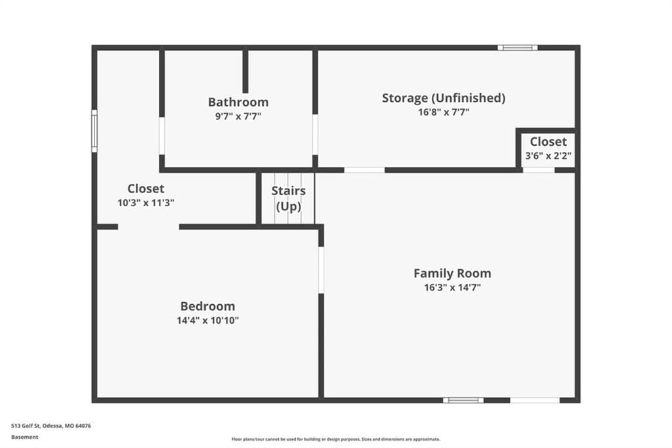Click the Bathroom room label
click(238, 102)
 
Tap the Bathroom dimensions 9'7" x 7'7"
click(238, 116)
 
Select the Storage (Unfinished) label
click(444, 99)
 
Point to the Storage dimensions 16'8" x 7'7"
click(444, 112)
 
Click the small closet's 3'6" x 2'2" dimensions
click(548, 156)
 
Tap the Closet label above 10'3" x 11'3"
click(146, 189)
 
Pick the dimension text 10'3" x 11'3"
click(146, 203)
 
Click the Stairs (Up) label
click(289, 198)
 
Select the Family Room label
click(452, 273)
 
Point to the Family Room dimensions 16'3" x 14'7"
click(452, 288)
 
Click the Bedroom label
click(207, 306)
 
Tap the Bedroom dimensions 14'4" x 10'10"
click(207, 321)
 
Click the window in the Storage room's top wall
click(517, 48)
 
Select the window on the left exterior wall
click(94, 131)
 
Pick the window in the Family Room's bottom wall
click(463, 400)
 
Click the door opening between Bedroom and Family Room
click(321, 270)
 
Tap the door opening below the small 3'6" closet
click(539, 170)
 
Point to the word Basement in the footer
click(25, 437)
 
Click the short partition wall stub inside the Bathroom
click(245, 72)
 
